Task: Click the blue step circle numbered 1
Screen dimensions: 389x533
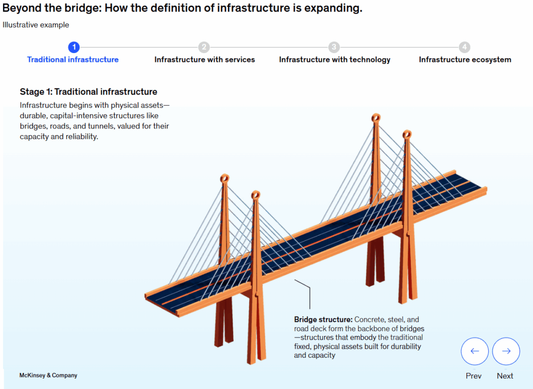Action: click(74, 47)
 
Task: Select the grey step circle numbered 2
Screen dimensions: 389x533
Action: click(204, 47)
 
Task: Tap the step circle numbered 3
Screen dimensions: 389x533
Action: click(334, 47)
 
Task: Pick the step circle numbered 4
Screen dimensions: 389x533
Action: click(465, 47)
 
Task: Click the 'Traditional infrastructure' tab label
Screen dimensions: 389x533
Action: click(73, 60)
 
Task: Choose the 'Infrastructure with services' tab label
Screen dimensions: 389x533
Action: click(205, 60)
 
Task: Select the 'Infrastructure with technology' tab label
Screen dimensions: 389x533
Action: click(335, 60)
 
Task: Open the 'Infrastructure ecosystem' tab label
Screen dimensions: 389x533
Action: click(465, 60)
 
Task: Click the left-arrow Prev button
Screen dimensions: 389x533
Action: click(474, 351)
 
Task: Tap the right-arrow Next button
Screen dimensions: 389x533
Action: click(506, 351)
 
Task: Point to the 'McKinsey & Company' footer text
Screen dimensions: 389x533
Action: click(48, 375)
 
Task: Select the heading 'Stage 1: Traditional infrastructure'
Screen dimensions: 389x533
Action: click(88, 92)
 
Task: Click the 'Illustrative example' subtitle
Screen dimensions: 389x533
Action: click(36, 25)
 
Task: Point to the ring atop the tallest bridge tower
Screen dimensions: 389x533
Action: click(375, 118)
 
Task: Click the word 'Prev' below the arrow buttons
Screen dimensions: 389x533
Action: click(474, 376)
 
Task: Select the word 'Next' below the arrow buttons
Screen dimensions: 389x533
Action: click(505, 376)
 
